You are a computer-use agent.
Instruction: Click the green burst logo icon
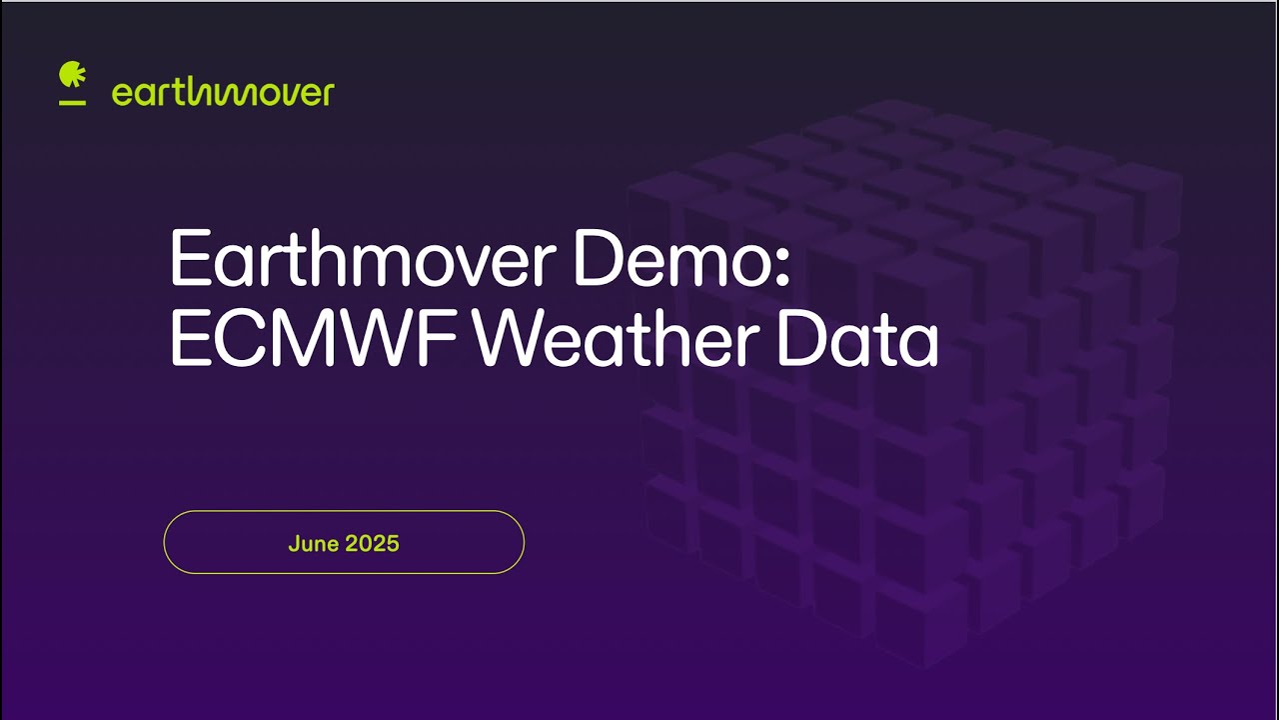tap(72, 76)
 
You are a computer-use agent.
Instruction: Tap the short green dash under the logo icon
tap(72, 102)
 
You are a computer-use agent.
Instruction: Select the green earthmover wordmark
tap(223, 93)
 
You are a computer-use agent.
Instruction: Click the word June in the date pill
tap(313, 544)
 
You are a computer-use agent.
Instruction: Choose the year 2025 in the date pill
tap(372, 544)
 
